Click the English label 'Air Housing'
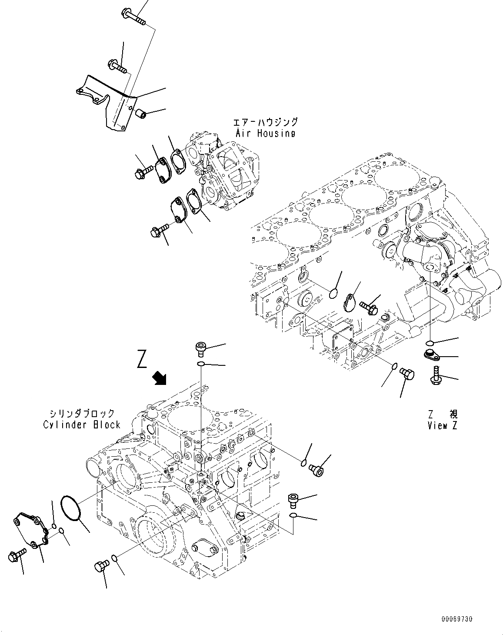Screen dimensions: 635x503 pyautogui.click(x=265, y=134)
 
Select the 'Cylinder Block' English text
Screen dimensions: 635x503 pyautogui.click(x=81, y=424)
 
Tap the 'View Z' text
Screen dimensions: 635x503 pyautogui.click(x=442, y=426)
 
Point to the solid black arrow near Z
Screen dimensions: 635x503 pyautogui.click(x=160, y=378)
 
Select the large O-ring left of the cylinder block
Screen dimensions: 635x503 pyautogui.click(x=71, y=508)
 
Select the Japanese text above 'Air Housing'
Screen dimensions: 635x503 pyautogui.click(x=265, y=123)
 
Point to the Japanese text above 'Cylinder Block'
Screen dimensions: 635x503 pyautogui.click(x=81, y=414)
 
